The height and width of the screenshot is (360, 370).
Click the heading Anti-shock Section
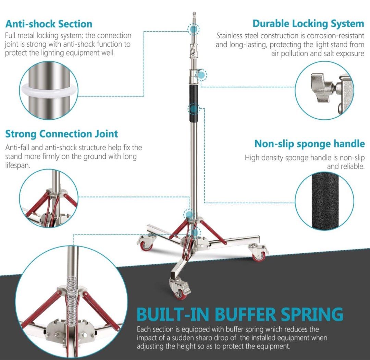[49, 24]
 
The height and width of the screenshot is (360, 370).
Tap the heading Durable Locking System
[308, 24]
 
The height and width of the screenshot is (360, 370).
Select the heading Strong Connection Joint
[62, 134]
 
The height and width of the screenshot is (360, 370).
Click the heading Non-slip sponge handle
[309, 144]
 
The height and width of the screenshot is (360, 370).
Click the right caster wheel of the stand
[259, 254]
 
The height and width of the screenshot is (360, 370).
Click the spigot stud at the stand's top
[194, 17]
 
